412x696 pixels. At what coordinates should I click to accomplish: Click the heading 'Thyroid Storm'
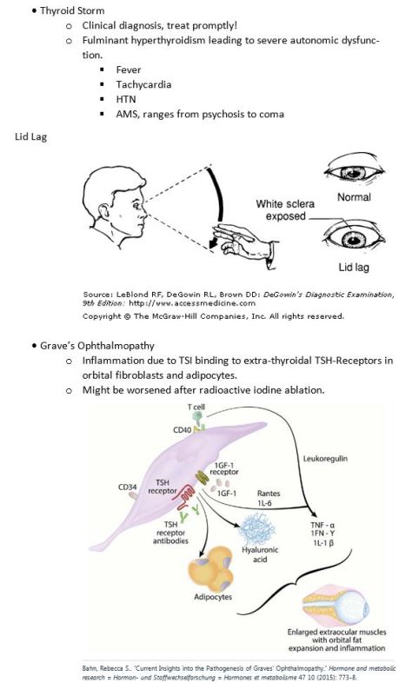72,10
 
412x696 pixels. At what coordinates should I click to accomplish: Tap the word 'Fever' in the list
129,70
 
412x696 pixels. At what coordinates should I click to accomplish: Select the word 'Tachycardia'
143,84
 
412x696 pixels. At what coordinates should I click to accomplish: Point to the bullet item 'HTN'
126,99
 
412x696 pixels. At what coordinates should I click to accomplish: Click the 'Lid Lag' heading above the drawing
30,136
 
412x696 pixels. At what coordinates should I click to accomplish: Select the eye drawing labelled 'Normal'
355,172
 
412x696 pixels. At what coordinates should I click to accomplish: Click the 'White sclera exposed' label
285,210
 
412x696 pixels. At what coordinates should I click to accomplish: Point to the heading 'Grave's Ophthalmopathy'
97,345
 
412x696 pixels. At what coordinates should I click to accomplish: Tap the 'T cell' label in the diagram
196,407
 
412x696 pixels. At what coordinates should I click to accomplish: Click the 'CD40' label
182,429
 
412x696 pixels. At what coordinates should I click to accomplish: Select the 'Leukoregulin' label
325,458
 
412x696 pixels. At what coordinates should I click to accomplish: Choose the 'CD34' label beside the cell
128,487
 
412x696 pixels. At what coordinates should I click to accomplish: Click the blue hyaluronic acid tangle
256,529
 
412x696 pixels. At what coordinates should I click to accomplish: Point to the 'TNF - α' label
322,525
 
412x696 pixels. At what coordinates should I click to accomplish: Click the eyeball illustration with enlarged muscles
336,606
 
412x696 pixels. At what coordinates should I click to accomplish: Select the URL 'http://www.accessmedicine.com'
192,303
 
